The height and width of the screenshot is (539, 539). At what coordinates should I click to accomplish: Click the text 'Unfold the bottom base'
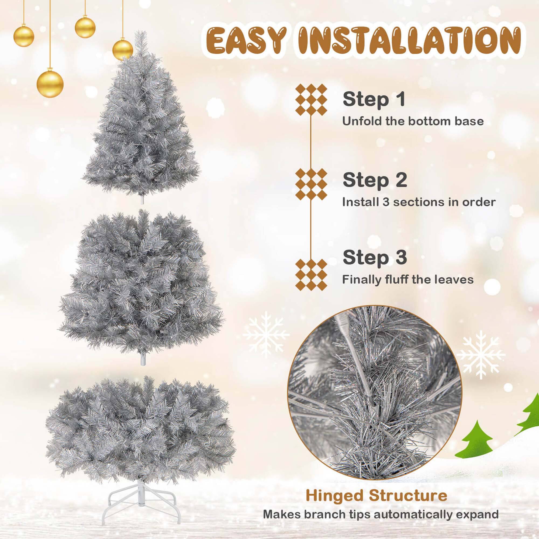point(413,121)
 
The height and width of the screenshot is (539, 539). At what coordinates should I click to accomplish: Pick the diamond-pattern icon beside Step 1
point(311,100)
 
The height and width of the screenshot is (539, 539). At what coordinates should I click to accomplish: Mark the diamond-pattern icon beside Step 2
point(311,184)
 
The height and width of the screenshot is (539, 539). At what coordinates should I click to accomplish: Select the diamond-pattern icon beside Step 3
point(311,275)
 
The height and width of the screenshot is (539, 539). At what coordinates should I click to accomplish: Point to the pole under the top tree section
point(142,199)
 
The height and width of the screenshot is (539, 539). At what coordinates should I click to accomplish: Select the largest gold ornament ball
point(50,84)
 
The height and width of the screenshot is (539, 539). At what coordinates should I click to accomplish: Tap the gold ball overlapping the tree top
point(123,50)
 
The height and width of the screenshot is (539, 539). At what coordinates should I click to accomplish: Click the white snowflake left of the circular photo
point(266,334)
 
